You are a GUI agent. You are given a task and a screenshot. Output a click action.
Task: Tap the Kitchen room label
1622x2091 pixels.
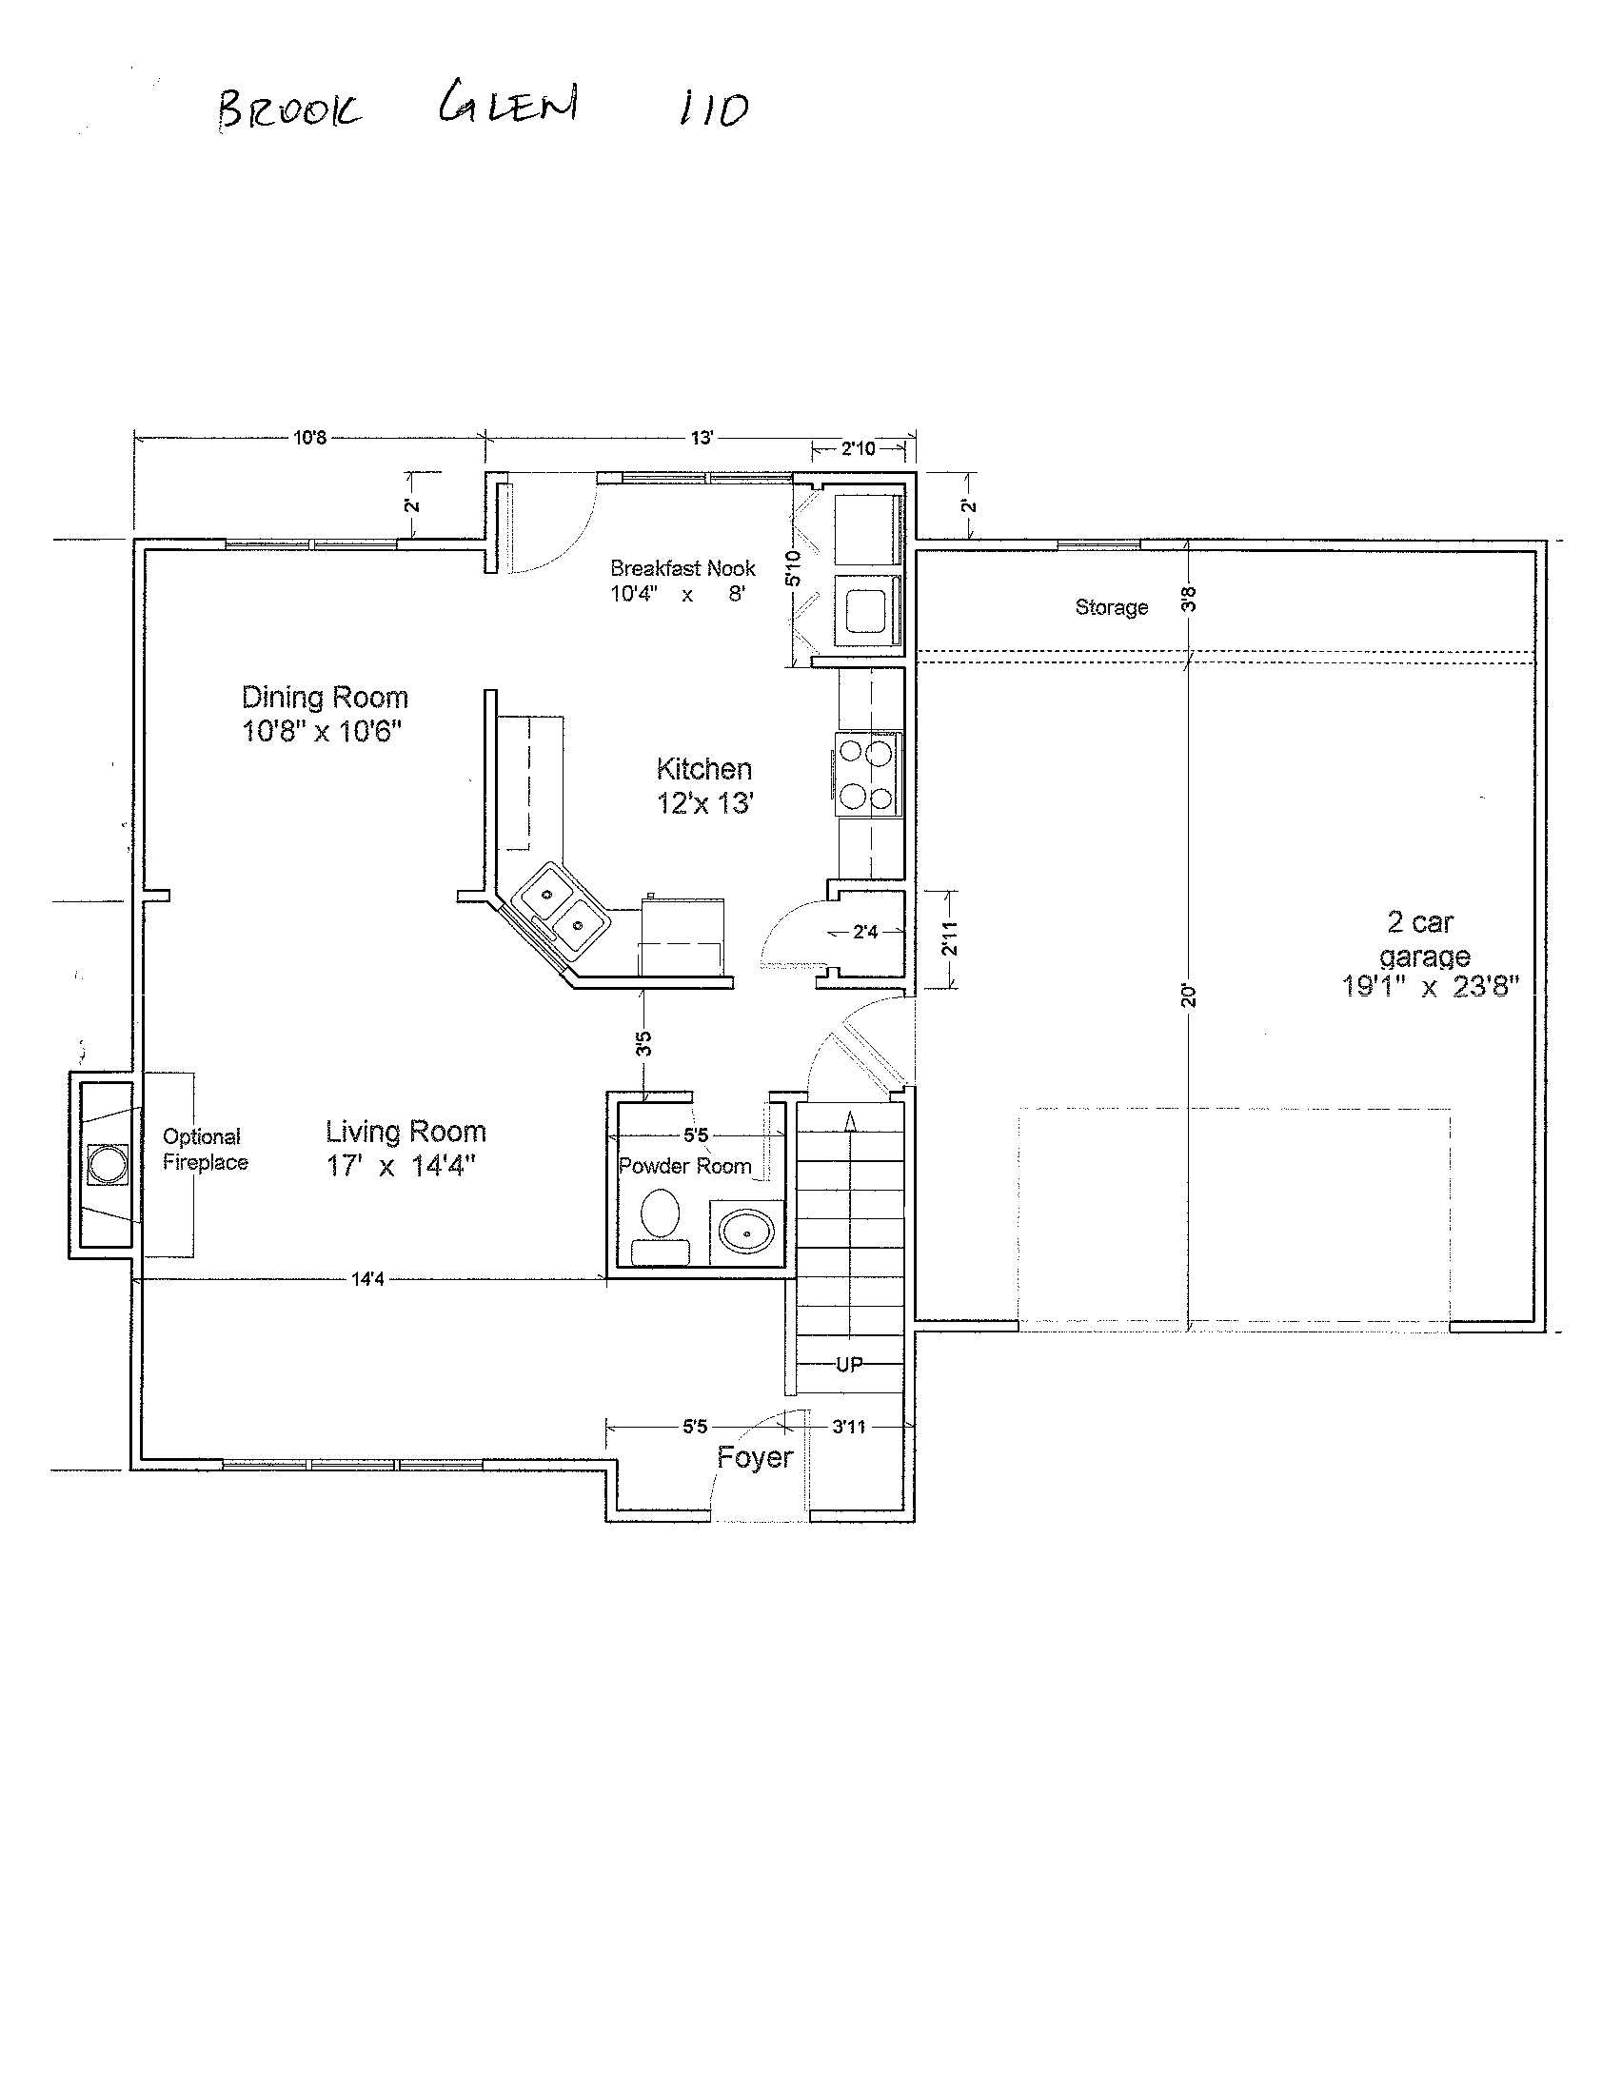pos(703,769)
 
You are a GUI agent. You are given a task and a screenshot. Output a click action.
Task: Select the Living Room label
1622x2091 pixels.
pos(406,1132)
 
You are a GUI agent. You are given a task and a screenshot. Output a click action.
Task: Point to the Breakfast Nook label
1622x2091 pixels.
pos(682,569)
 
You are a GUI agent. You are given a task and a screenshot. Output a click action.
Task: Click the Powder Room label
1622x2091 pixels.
pos(684,1166)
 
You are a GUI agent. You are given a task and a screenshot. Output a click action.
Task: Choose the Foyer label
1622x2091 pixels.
pos(755,1458)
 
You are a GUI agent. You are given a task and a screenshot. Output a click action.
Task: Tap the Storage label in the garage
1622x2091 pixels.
pos(1112,607)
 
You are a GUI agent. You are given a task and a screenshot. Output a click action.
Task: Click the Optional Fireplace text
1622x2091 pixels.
pos(205,1149)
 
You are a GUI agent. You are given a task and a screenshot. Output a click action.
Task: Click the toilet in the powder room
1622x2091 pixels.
pos(660,1227)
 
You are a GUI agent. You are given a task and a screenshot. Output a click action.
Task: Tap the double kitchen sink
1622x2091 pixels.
pos(561,910)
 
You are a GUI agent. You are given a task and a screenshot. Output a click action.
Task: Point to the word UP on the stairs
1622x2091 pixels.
pos(849,1364)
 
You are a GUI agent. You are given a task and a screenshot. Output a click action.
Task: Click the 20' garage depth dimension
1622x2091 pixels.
pos(1188,996)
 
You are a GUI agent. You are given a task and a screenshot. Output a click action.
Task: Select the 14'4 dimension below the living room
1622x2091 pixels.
pos(367,1279)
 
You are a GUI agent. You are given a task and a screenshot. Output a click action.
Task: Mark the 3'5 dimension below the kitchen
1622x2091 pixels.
pos(644,1042)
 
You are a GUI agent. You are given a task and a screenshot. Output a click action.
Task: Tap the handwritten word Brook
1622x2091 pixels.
pos(289,109)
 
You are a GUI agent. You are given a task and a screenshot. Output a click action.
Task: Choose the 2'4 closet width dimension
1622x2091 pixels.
pos(865,932)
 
